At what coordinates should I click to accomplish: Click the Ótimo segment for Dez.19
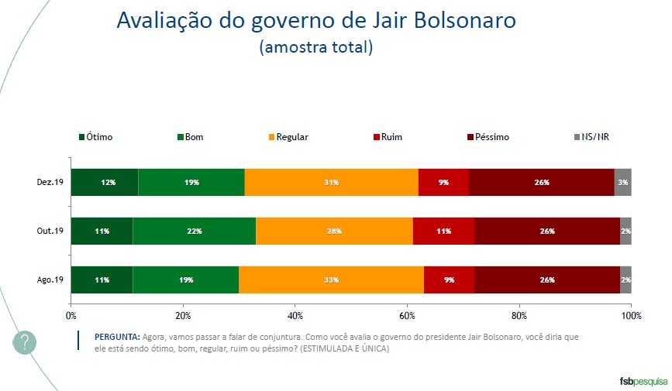point(105,182)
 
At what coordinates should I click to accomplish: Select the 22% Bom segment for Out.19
point(194,231)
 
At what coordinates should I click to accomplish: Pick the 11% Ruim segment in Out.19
point(443,231)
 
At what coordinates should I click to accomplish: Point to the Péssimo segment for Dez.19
point(541,182)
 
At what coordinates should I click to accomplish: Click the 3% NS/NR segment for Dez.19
point(623,182)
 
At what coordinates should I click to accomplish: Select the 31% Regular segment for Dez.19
point(331,182)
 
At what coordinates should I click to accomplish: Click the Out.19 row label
point(50,231)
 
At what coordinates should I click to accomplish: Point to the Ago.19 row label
point(50,280)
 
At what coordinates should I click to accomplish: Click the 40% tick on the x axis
point(295,316)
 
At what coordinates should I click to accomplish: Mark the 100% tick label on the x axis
point(631,316)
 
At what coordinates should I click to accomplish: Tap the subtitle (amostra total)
point(315,47)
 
